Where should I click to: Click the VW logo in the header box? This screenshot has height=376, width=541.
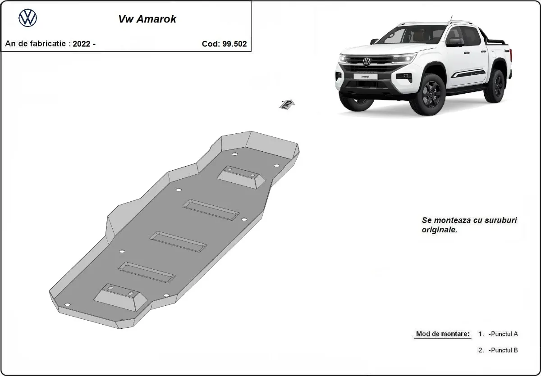coord(28,18)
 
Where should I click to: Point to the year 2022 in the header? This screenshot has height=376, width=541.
coord(82,44)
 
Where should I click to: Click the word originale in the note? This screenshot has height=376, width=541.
coord(439,230)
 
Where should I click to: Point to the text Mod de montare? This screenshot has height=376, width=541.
coord(442,334)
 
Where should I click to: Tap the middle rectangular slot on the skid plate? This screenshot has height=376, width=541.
coord(179,241)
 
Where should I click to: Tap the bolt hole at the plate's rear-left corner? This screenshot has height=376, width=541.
coord(67,305)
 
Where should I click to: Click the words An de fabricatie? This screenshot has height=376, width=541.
coord(36,44)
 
